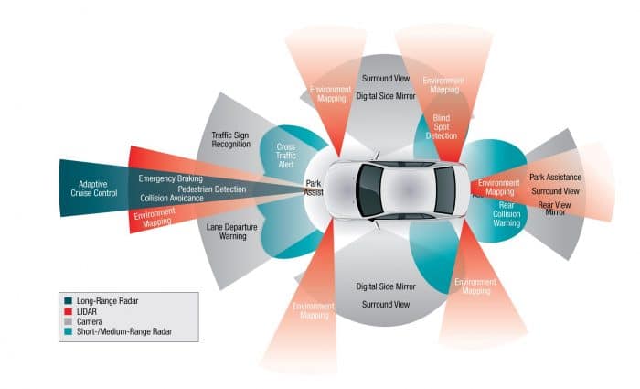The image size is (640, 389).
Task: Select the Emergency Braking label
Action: (x=170, y=178)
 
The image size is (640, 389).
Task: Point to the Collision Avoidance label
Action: (x=174, y=198)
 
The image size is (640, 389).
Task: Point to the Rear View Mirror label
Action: (x=554, y=209)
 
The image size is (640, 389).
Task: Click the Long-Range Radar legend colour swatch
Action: (x=69, y=300)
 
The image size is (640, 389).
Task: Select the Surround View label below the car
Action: (x=384, y=304)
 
